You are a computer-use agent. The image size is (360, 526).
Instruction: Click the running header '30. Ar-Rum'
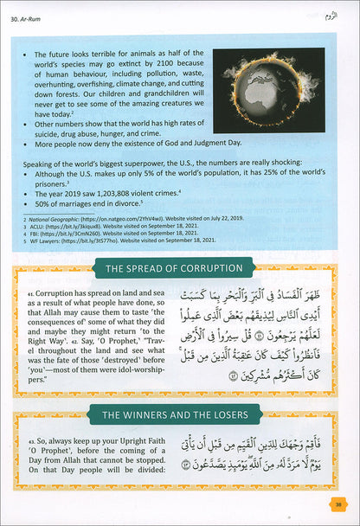click(34, 15)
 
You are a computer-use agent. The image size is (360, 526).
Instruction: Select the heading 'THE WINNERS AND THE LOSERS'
click(180, 414)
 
